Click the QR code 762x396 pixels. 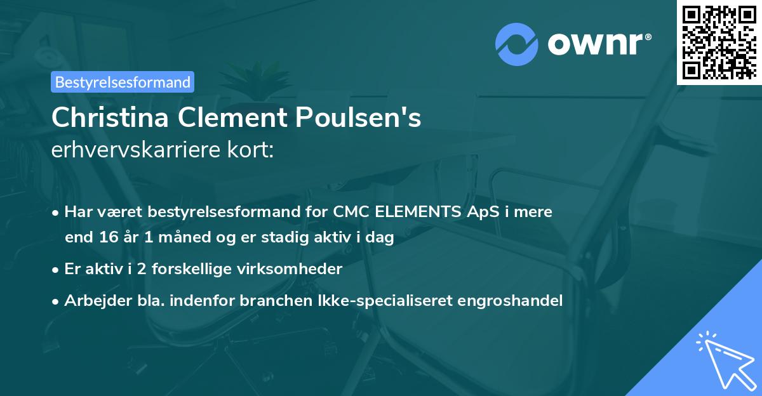719,42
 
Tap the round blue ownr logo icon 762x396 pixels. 517,44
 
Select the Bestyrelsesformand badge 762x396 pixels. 123,82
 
